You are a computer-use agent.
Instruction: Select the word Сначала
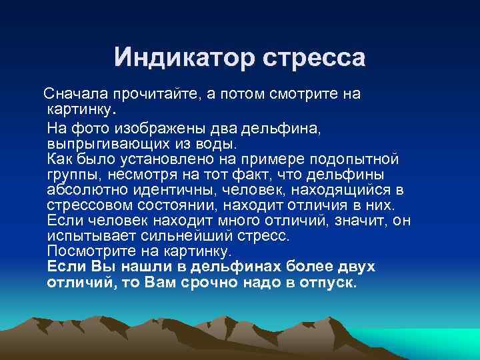(69, 93)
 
